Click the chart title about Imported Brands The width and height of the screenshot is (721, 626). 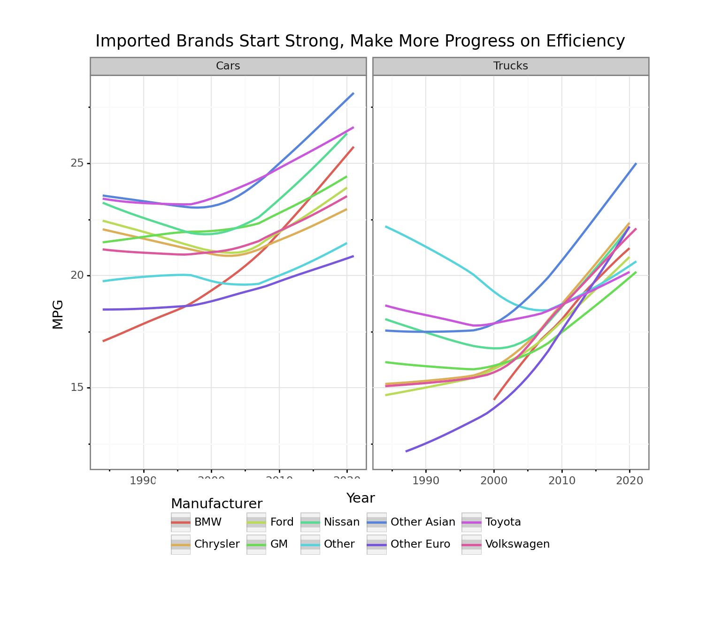coord(360,41)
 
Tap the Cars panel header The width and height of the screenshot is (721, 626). coord(228,66)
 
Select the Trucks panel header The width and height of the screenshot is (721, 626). coord(510,66)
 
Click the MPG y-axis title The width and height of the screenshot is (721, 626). coord(58,314)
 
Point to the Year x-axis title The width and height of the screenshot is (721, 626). coord(360,498)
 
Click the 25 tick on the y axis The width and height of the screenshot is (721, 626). coord(77,163)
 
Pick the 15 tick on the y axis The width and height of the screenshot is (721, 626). coord(77,388)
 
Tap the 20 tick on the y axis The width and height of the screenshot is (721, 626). coord(77,275)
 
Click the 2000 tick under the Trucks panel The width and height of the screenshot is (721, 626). coord(494,481)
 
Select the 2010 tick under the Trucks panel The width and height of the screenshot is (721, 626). coord(562,481)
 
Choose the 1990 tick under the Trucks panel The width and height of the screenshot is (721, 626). coord(426,481)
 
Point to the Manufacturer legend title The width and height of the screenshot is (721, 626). coord(216,504)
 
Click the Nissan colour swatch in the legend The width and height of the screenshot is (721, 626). coord(310,522)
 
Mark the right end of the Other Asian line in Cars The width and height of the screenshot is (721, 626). coord(353,93)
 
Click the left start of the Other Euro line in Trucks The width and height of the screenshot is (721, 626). coord(407,451)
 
